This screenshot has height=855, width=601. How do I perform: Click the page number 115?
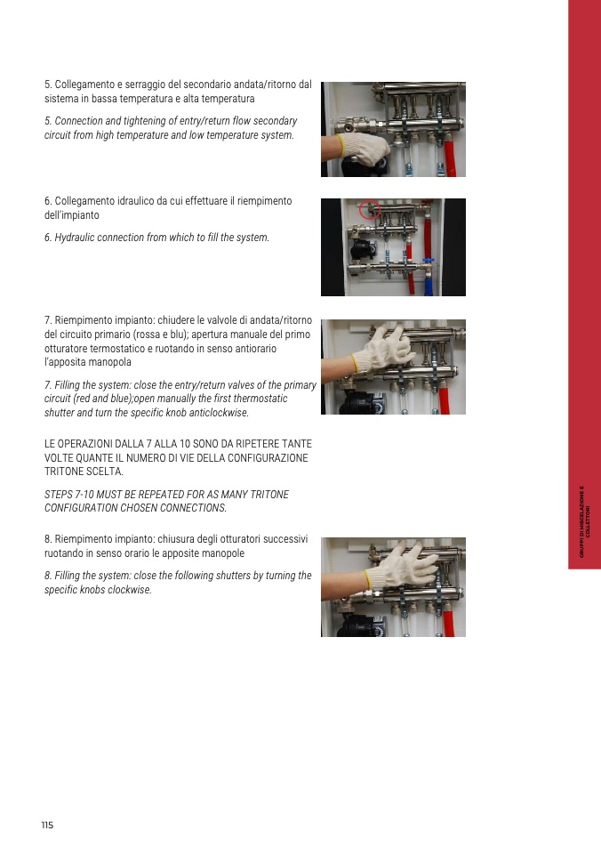point(47,825)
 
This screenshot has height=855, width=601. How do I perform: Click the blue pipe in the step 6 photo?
point(429,281)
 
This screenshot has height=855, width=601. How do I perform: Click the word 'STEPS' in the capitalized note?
point(58,495)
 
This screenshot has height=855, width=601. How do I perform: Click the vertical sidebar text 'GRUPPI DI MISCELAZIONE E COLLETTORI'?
point(584,521)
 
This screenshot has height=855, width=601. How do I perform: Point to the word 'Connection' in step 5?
point(78,121)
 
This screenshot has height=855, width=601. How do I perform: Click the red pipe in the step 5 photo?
point(450,158)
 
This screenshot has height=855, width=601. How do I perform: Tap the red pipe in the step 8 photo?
point(448,624)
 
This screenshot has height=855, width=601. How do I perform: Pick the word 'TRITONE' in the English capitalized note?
point(269,495)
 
